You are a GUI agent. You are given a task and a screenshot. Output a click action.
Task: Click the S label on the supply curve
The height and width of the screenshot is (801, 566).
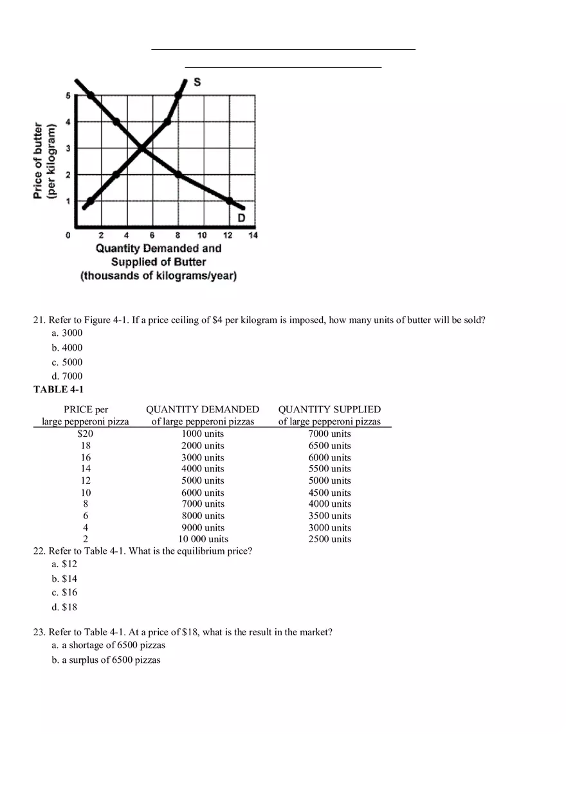197,82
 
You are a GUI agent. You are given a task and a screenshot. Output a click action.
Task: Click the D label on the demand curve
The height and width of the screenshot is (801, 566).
241,218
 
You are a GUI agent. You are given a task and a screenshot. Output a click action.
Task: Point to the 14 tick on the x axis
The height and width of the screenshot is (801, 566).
253,236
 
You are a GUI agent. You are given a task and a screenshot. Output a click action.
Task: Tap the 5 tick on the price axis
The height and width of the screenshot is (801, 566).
68,96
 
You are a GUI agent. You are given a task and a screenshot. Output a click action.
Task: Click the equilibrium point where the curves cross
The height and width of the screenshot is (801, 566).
141,148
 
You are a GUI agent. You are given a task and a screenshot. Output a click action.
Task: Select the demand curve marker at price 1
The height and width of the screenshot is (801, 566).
229,201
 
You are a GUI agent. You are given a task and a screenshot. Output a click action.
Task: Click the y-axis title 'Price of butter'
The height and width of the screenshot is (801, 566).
39,161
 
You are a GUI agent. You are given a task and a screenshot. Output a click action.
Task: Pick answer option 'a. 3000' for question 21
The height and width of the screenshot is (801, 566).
67,333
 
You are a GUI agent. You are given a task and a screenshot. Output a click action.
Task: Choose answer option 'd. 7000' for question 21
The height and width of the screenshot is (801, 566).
67,376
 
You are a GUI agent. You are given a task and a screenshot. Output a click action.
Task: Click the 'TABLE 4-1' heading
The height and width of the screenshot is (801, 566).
59,389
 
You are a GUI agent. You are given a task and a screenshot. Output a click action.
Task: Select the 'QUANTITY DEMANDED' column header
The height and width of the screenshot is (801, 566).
203,410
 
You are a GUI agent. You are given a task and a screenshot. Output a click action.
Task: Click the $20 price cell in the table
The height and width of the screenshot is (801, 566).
86,434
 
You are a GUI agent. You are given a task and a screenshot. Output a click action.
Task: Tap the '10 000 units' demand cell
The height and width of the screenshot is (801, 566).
203,539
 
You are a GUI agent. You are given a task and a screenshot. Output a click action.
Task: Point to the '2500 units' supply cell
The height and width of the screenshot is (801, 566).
329,539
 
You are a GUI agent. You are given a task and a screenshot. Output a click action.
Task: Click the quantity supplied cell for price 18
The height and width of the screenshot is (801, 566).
329,446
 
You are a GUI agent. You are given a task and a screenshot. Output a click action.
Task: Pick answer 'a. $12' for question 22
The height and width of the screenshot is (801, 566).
64,564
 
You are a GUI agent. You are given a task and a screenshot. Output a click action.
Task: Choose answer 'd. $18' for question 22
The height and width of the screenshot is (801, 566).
64,607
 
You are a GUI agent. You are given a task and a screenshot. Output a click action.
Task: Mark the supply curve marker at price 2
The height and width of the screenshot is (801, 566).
116,175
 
